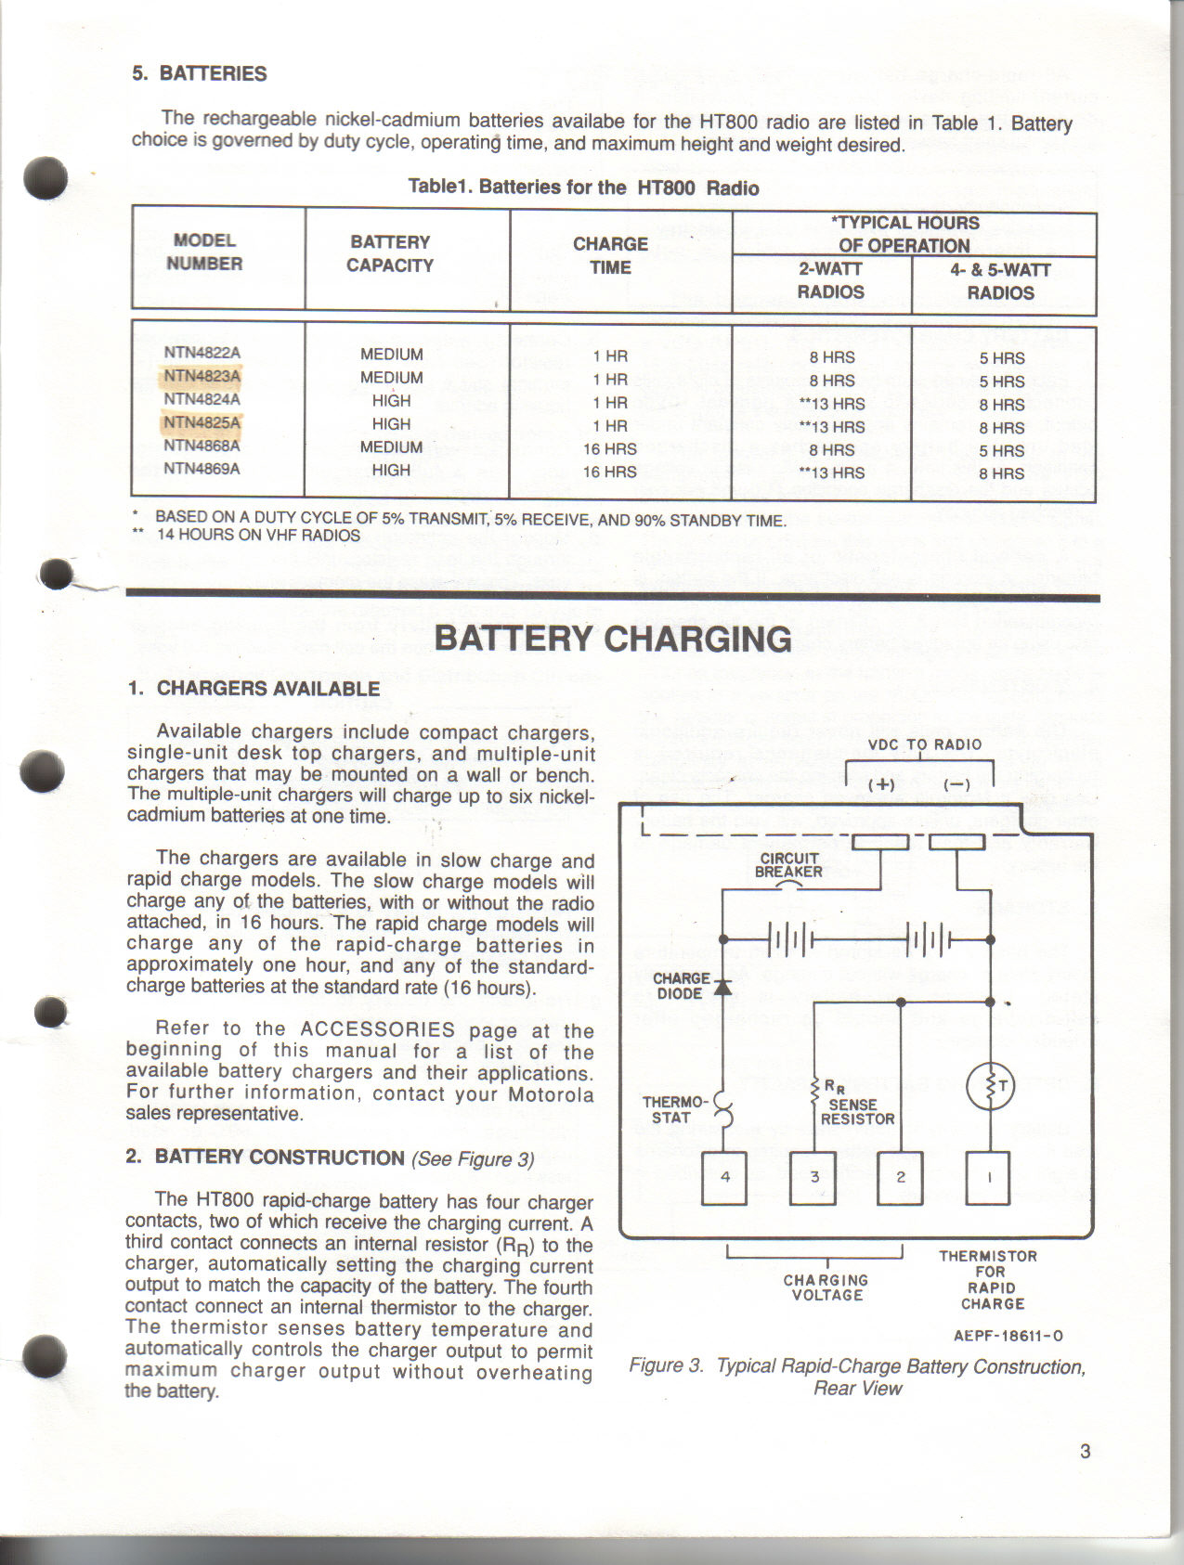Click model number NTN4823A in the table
pyautogui.click(x=202, y=376)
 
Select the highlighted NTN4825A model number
pyautogui.click(x=202, y=423)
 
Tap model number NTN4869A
pyautogui.click(x=202, y=469)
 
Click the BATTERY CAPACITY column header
pyautogui.click(x=390, y=253)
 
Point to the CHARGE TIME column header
pyautogui.click(x=610, y=255)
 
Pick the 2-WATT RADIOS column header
pyautogui.click(x=830, y=280)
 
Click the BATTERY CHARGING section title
pyautogui.click(x=613, y=640)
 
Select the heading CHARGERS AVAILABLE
pyautogui.click(x=267, y=689)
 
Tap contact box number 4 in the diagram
pyautogui.click(x=725, y=1178)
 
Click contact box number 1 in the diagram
pyautogui.click(x=989, y=1178)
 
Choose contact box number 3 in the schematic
pyautogui.click(x=813, y=1178)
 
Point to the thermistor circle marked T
pyautogui.click(x=990, y=1087)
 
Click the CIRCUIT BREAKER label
pyautogui.click(x=788, y=864)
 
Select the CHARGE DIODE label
pyautogui.click(x=683, y=986)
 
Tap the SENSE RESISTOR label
pyautogui.click(x=856, y=1111)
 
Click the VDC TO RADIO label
pyautogui.click(x=924, y=744)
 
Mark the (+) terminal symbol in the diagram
pyautogui.click(x=881, y=784)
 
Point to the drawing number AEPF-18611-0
pyautogui.click(x=1008, y=1336)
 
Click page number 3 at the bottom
pyautogui.click(x=1086, y=1452)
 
